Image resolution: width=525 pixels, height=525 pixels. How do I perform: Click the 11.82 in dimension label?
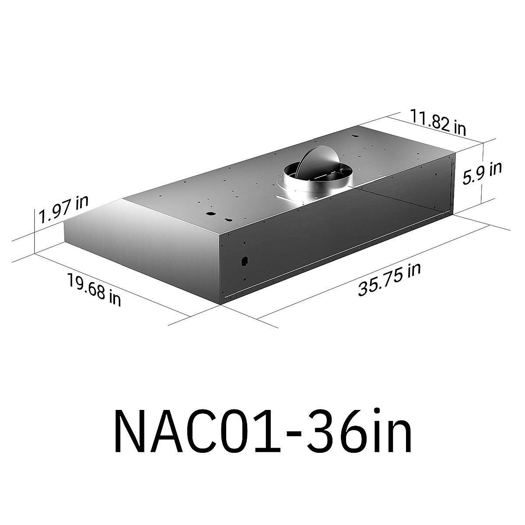click(437, 122)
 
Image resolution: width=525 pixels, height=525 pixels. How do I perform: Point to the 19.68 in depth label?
click(94, 289)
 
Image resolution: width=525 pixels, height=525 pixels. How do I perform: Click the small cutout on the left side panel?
click(243, 261)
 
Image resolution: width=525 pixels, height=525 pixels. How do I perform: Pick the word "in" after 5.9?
click(495, 168)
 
